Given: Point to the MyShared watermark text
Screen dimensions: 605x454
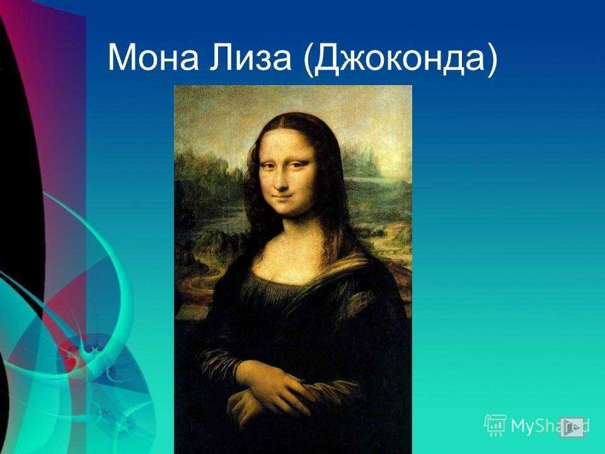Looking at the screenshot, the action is click(550, 426).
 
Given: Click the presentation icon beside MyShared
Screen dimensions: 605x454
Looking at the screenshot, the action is click(495, 426).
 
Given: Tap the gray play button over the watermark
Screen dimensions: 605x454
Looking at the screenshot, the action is click(572, 427).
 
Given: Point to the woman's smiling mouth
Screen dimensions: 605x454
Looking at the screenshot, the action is click(286, 199).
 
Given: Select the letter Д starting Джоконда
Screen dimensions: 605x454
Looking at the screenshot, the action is click(325, 59).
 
